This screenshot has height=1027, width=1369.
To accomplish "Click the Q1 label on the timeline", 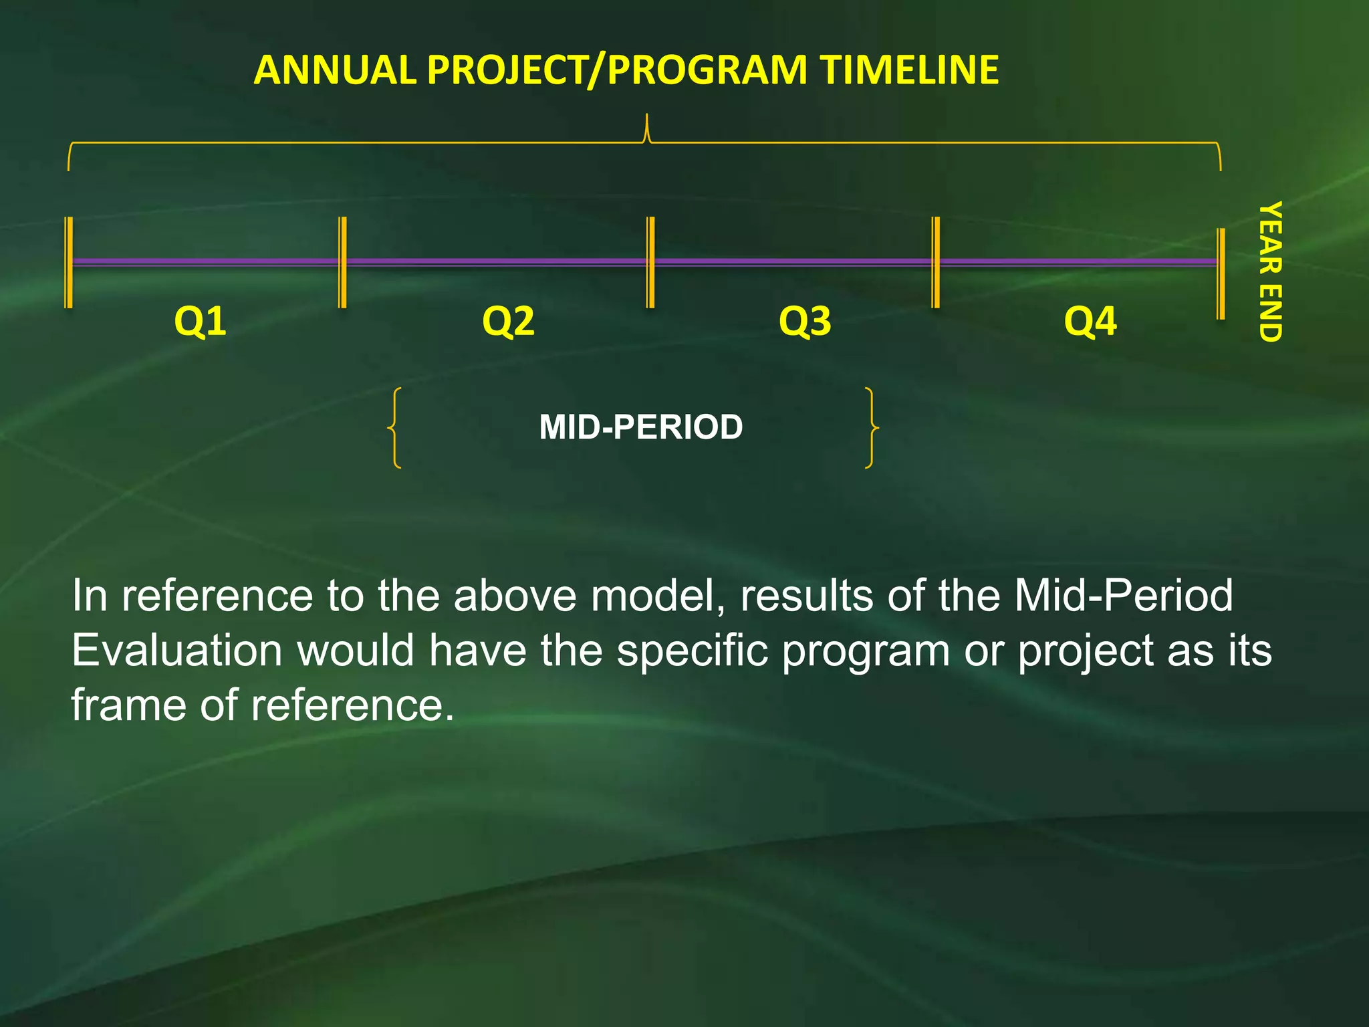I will click(200, 322).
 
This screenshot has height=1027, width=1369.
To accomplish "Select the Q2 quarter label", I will click(508, 322).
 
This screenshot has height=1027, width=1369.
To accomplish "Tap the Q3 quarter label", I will click(805, 322).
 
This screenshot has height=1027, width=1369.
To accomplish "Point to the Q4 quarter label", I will click(1090, 322).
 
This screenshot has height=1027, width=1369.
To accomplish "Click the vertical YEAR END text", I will click(1269, 271).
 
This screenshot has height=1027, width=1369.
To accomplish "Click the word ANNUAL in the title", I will click(335, 70).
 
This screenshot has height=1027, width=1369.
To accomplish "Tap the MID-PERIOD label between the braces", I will click(640, 427).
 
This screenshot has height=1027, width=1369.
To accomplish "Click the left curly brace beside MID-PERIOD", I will click(395, 428).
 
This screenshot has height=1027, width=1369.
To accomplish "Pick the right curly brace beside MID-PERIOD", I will click(871, 428).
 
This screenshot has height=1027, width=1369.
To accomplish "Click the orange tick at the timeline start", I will click(68, 263).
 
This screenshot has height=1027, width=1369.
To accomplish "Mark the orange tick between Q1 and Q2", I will click(342, 263).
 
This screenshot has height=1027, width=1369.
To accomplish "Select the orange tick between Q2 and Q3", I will click(650, 263).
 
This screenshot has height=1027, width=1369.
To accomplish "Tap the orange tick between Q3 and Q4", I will click(936, 263).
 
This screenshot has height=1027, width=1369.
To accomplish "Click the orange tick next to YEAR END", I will click(1221, 274).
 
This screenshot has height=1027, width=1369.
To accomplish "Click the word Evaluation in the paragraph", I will click(176, 651).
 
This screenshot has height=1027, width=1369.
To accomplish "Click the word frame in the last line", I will click(128, 705).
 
